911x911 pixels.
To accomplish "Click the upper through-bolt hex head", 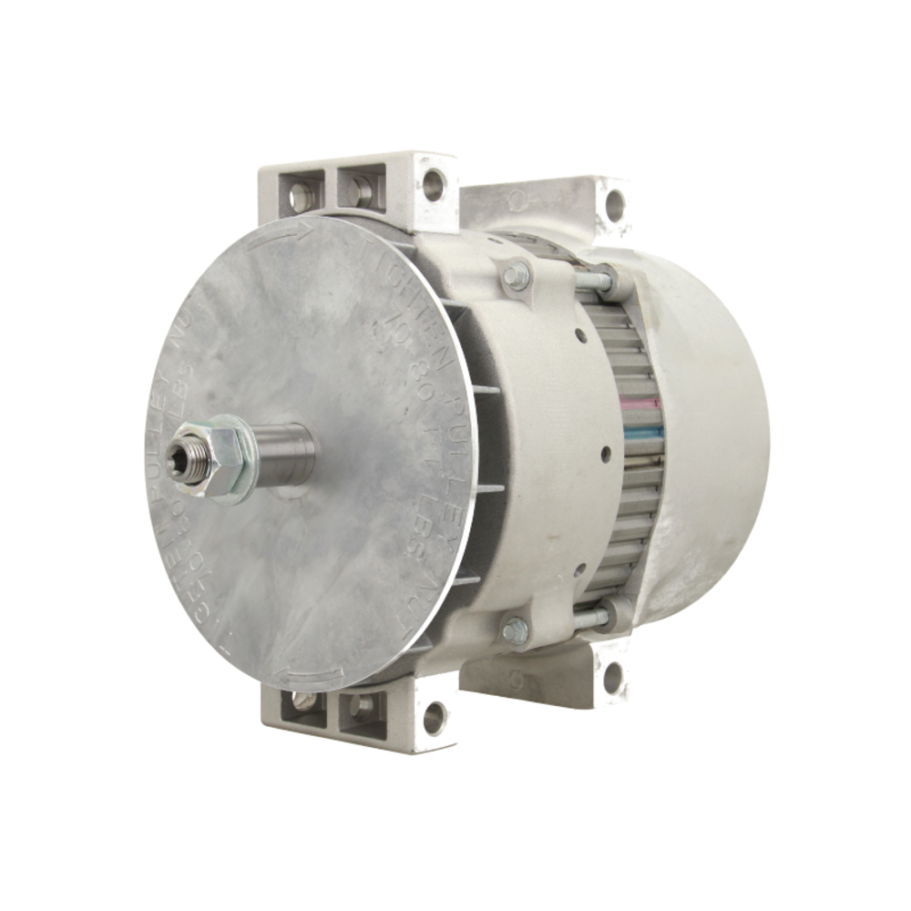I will (x=517, y=276).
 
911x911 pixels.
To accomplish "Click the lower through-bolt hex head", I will (x=516, y=629).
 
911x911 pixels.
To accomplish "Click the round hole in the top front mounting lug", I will (x=434, y=185).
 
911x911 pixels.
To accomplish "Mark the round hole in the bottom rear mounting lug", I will (x=613, y=676).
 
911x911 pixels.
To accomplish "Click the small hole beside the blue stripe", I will (x=606, y=449).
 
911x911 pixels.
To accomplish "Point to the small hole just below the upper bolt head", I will (x=580, y=336).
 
